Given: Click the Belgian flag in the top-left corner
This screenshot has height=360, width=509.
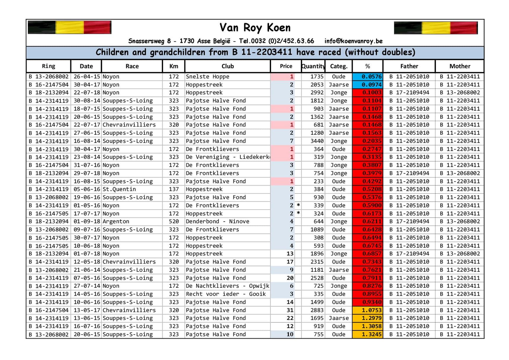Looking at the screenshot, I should [70, 28].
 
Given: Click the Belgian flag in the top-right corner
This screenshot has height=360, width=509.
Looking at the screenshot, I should [436, 28].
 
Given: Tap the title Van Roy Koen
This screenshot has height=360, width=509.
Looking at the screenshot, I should [255, 28].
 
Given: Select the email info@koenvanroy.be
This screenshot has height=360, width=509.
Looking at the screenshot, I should [353, 41].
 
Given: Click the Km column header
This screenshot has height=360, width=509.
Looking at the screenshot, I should [174, 66].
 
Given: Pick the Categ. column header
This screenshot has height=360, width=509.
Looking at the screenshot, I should [339, 66].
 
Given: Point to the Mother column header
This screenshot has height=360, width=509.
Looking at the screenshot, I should [460, 66].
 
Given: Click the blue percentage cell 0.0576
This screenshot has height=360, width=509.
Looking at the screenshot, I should [368, 77].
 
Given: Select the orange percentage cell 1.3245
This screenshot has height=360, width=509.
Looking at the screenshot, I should [368, 335].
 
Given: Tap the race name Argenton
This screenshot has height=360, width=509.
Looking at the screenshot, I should [116, 221].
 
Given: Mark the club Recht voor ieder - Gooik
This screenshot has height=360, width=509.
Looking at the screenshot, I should [226, 294].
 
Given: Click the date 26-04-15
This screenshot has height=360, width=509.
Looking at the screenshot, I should [87, 77].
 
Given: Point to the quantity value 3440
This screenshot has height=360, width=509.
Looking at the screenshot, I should [317, 141].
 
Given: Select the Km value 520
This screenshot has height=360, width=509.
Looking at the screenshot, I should [174, 221].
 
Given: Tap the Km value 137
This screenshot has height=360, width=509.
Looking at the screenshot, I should [174, 189].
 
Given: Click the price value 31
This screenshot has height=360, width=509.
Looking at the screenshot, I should [290, 310].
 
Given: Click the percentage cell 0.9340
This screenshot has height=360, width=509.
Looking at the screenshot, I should [368, 302].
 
